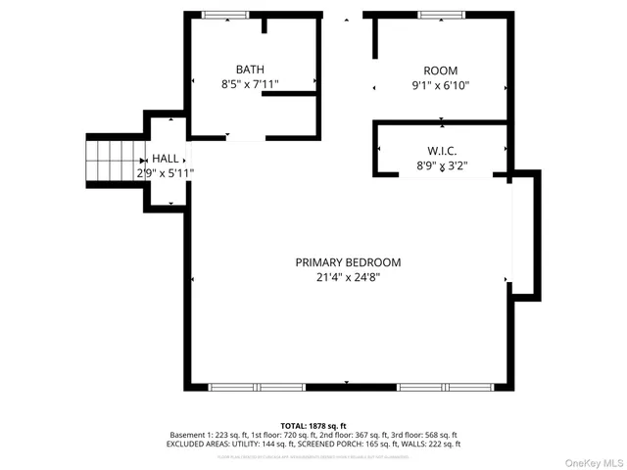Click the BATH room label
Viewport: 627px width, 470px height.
point(250,70)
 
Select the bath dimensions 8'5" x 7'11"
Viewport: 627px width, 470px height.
point(250,84)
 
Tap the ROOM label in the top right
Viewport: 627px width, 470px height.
point(440,70)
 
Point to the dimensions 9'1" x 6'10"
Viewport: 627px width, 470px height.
point(440,85)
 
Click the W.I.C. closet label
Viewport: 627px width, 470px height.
point(441,151)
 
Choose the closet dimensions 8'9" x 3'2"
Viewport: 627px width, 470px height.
point(441,166)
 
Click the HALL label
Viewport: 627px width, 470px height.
point(165,158)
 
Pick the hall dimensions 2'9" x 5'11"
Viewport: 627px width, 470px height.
point(165,173)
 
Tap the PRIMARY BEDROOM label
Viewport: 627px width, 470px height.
point(348,262)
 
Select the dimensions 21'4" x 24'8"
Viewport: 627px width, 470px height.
point(348,278)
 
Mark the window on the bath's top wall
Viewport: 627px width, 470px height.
point(225,15)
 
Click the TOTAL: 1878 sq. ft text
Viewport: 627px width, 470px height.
point(313,426)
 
